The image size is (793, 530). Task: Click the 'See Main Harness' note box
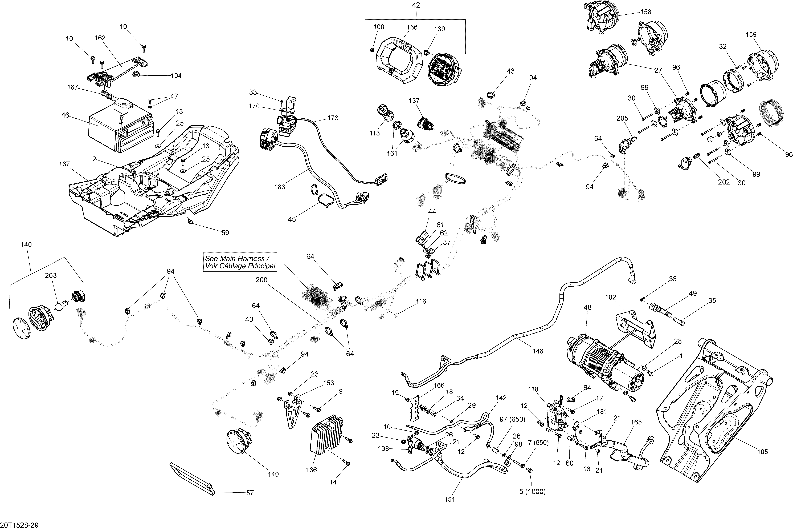coord(240,262)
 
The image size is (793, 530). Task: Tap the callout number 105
coord(763,452)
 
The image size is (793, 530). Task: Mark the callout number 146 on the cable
coord(538,351)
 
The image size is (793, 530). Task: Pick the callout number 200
coord(261,280)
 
